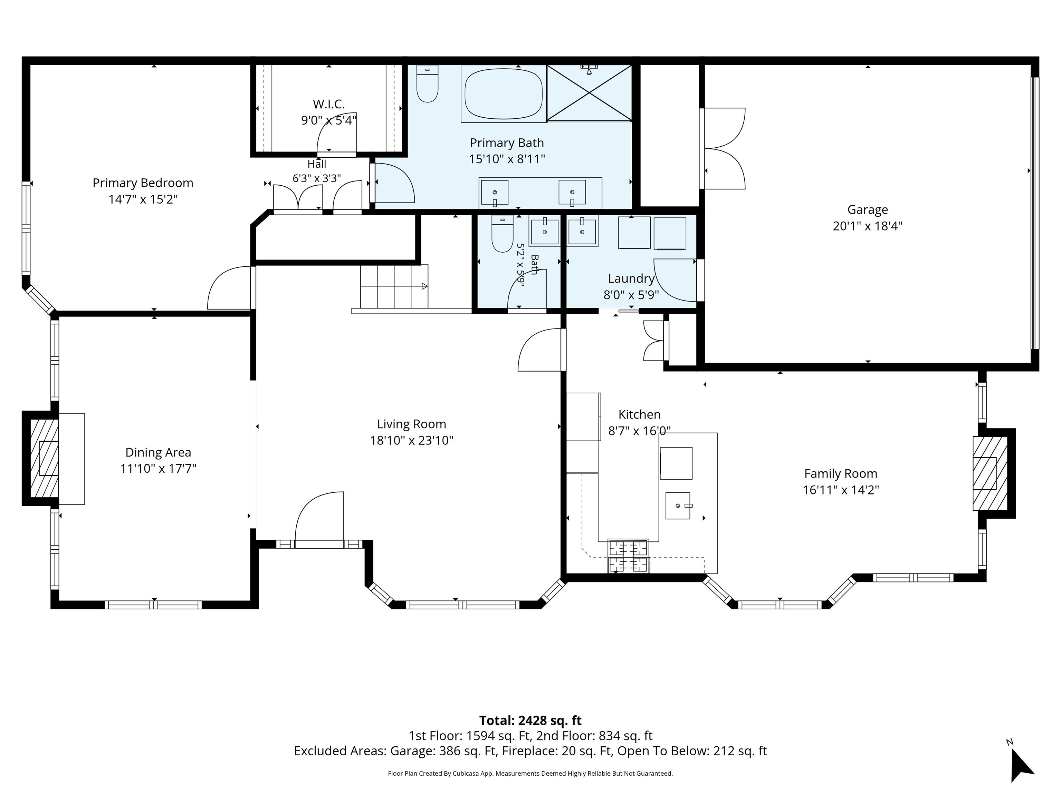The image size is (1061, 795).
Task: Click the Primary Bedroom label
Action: tap(143, 183)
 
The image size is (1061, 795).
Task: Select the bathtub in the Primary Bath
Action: tap(504, 94)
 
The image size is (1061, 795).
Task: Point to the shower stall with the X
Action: tap(589, 93)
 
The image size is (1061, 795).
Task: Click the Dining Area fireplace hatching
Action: tap(44, 459)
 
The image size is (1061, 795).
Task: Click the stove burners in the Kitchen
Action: tap(628, 556)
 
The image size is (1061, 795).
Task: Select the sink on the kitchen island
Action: tap(677, 506)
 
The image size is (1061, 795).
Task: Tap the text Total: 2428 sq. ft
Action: tap(530, 720)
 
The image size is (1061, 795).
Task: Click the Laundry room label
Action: tap(631, 278)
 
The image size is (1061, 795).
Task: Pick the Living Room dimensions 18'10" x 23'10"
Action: tap(412, 440)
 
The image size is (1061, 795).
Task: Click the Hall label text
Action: tap(317, 164)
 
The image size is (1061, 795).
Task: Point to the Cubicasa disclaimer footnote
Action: tap(530, 773)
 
